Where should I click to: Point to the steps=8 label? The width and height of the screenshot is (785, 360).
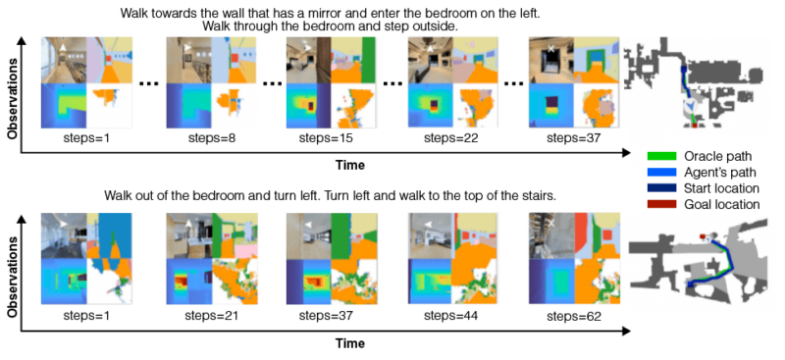(208, 138)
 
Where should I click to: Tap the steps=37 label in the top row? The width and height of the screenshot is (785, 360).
(573, 138)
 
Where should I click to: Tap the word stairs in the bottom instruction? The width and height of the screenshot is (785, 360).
(538, 195)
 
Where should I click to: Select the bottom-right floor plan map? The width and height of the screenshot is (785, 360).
(705, 257)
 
